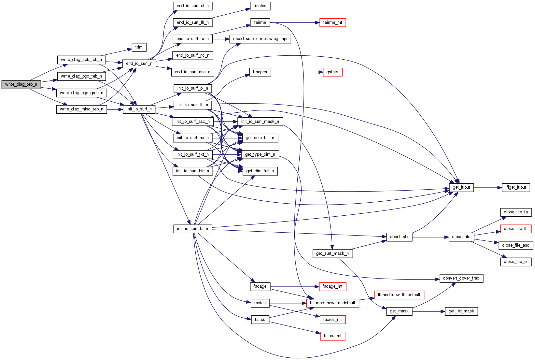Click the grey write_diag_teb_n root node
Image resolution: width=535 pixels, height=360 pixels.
21,84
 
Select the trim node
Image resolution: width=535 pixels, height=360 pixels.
139,47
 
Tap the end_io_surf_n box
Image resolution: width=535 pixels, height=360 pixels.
139,64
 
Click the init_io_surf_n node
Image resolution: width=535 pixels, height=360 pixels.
139,109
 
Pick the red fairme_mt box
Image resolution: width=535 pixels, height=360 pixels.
332,22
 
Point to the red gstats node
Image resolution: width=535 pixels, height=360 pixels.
332,72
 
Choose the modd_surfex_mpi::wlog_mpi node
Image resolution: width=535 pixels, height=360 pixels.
260,39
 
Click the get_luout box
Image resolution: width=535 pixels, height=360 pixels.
461,187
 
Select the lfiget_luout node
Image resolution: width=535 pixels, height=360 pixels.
516,187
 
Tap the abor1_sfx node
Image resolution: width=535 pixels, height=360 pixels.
399,237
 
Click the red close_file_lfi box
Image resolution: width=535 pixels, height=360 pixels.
516,229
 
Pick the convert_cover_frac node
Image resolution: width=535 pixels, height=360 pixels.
461,278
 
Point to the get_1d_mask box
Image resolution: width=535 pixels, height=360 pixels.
461,311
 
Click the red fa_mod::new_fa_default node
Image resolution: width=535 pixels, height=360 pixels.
332,303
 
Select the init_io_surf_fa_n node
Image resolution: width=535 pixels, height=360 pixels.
192,229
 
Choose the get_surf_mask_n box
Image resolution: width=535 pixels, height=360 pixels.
332,253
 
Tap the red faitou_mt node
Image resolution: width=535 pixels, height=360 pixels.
332,336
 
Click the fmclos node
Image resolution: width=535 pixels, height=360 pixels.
260,6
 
